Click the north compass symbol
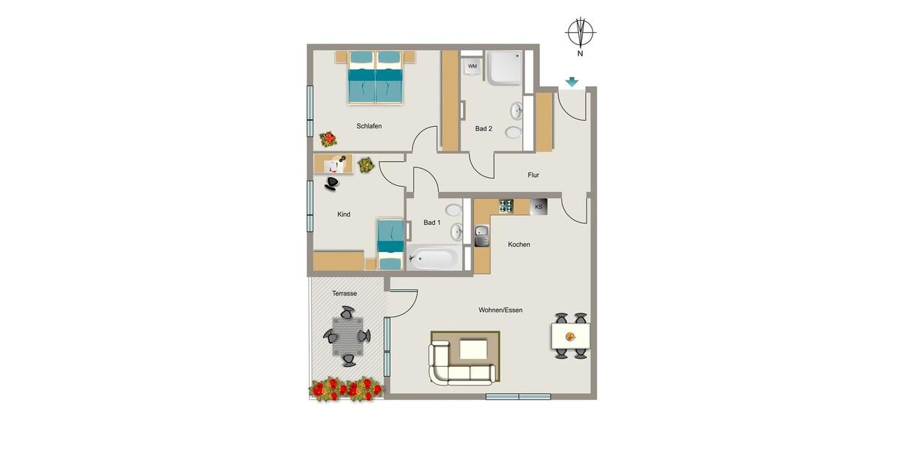[580, 33]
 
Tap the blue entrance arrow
[572, 82]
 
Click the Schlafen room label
[369, 126]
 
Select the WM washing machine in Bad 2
[472, 67]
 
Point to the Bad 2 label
[484, 129]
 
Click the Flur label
[533, 175]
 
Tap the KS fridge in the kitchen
[538, 206]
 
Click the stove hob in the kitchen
[506, 205]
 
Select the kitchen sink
[481, 235]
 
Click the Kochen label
[519, 244]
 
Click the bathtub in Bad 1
[434, 259]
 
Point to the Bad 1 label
[432, 223]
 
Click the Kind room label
[343, 214]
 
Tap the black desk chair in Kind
[331, 182]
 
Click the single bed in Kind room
[390, 244]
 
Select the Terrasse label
[345, 293]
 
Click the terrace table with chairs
[348, 336]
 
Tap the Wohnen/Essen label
[500, 310]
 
